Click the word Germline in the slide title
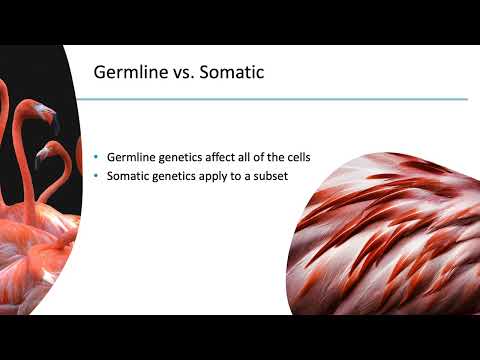pyautogui.click(x=129, y=73)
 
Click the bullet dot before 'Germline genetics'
pyautogui.click(x=96, y=158)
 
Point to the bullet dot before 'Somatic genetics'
pyautogui.click(x=96, y=177)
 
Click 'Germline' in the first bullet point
pyautogui.click(x=128, y=158)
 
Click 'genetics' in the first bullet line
pyautogui.click(x=180, y=158)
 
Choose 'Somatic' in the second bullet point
pyautogui.click(x=126, y=177)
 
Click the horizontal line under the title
pyautogui.click(x=280, y=99)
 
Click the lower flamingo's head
pyautogui.click(x=45, y=153)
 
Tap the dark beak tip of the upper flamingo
pyautogui.click(x=56, y=124)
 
